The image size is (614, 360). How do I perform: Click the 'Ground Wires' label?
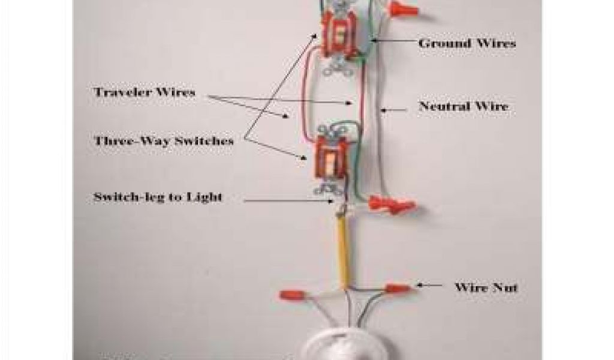tap(466, 43)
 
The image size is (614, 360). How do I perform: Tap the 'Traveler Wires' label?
tap(144, 92)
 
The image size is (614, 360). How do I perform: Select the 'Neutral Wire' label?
tap(463, 107)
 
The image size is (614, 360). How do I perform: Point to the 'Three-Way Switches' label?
tap(164, 141)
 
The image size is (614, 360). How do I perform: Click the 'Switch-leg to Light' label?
tap(158, 197)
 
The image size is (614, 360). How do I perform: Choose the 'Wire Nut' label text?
tap(486, 287)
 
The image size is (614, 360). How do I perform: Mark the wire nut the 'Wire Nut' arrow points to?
tap(397, 289)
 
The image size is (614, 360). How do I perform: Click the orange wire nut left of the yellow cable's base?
tap(293, 295)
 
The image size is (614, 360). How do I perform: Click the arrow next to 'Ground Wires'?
tap(393, 42)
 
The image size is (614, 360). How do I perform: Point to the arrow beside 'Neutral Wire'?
tap(397, 108)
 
